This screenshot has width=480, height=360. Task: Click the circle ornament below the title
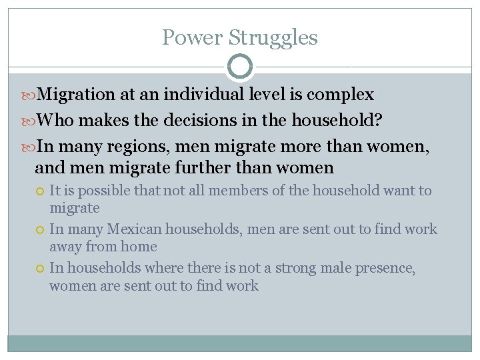pyautogui.click(x=240, y=67)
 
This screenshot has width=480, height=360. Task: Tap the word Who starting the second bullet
pyautogui.click(x=53, y=121)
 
